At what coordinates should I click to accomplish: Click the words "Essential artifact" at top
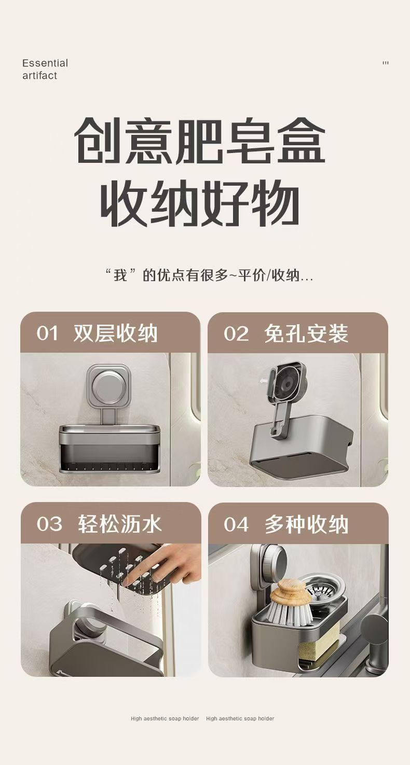[45, 69]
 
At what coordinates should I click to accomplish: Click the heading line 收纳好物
[200, 203]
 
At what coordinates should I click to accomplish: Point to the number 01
[48, 333]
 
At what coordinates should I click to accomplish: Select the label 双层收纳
[116, 333]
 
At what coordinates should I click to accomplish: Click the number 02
[236, 333]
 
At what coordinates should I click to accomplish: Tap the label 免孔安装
[306, 333]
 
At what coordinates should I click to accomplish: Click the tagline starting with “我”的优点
[209, 275]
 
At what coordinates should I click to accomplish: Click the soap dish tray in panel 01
[110, 449]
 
